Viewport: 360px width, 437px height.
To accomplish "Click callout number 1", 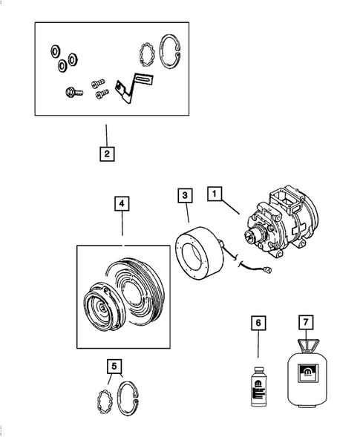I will click(x=215, y=195).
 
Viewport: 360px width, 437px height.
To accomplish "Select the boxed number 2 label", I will click(x=107, y=154).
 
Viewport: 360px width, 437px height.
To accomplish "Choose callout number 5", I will click(x=114, y=365).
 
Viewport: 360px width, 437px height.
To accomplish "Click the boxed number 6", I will click(x=258, y=323).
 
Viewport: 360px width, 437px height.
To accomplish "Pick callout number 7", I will click(x=305, y=323).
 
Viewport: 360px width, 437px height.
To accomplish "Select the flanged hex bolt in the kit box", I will click(x=71, y=93).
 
